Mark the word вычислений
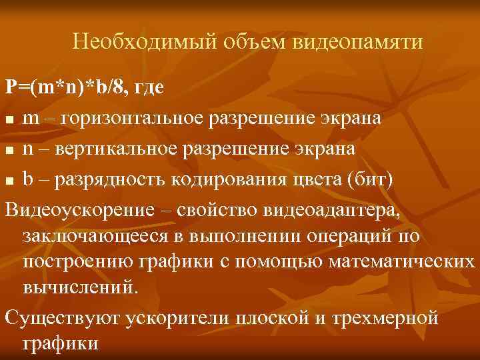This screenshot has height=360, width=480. [x=82, y=288]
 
